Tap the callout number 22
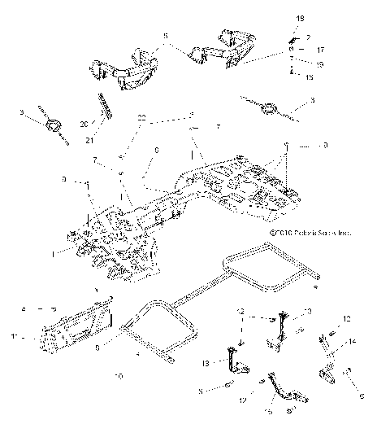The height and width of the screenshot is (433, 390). [142, 119]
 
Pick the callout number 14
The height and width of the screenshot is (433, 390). [353, 341]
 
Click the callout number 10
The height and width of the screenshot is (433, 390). [119, 376]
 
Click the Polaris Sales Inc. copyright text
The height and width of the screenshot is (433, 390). [311, 231]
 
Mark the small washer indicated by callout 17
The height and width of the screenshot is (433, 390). [291, 49]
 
